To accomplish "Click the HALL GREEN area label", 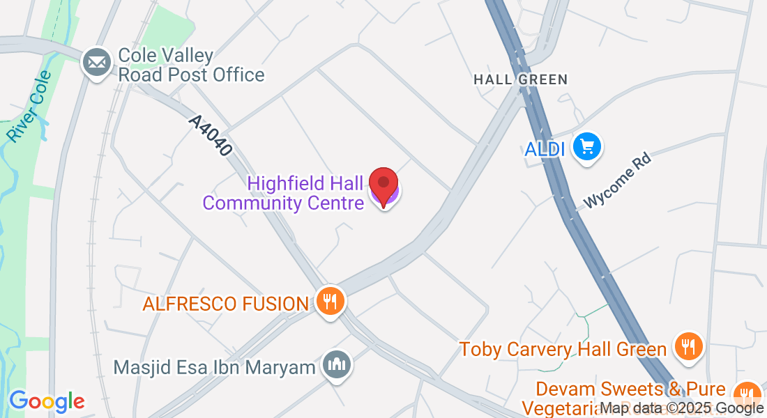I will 520,79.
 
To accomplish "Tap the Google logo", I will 47,401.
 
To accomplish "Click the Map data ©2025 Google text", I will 682,408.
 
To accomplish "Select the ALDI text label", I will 545,149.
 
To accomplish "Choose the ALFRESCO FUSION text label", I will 225,304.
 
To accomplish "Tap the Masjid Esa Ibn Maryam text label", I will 215,367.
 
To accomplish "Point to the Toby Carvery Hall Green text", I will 563,349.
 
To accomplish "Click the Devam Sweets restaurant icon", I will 748,392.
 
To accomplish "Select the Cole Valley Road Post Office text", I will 191,65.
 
